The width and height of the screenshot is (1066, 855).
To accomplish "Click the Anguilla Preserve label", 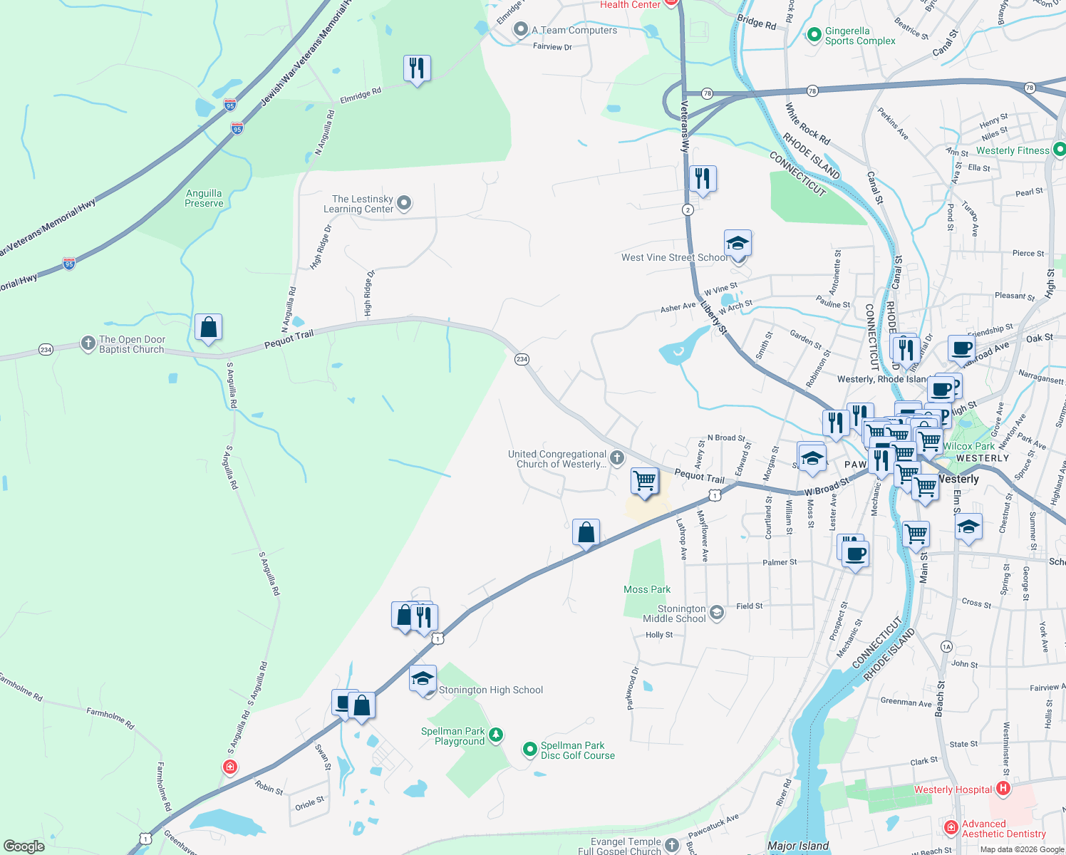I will click(x=204, y=198).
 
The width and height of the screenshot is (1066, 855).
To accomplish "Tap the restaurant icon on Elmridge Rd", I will click(x=417, y=68).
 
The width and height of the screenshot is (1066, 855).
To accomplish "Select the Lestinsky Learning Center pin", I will click(x=404, y=204).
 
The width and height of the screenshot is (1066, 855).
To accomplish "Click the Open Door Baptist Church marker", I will click(x=88, y=344).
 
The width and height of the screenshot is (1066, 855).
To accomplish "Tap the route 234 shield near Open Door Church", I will click(x=46, y=350).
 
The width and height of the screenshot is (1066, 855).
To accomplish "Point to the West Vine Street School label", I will click(x=674, y=257).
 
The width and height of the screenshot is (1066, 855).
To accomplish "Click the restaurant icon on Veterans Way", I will click(x=703, y=179).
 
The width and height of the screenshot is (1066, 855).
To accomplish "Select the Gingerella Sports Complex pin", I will click(x=814, y=35).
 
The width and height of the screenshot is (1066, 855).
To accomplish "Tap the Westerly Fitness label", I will click(x=1013, y=150).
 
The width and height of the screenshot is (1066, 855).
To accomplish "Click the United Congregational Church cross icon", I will click(x=617, y=458).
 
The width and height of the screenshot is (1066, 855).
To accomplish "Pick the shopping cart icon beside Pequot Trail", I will click(x=644, y=481).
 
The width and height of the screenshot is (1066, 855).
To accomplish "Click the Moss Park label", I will click(x=647, y=589).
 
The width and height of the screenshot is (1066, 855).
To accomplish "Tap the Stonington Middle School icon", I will click(x=717, y=613).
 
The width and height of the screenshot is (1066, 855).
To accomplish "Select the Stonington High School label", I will click(x=491, y=690).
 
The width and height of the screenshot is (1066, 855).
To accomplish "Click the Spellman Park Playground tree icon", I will click(x=496, y=735).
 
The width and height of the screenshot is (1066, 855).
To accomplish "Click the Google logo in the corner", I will click(x=24, y=846).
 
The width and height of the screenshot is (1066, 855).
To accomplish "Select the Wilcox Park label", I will click(x=969, y=446).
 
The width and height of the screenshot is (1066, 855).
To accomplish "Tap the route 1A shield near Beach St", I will click(x=946, y=646).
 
